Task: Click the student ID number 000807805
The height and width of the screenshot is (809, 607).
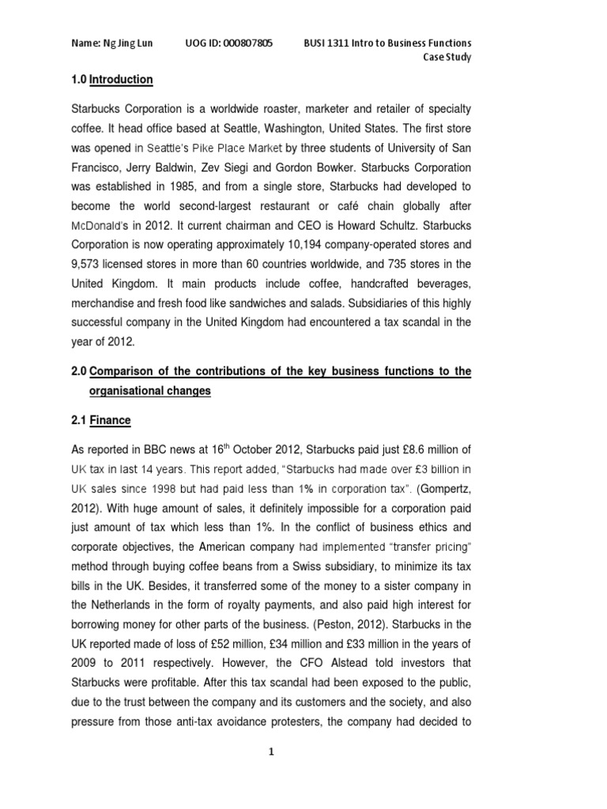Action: click(x=247, y=43)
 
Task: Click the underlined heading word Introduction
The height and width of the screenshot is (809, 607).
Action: click(x=121, y=80)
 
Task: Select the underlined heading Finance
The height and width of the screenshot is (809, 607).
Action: click(x=110, y=421)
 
